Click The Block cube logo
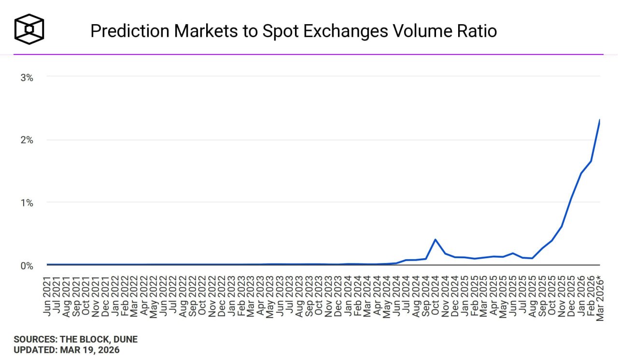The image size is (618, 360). (x=29, y=29)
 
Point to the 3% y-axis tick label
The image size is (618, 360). (x=27, y=77)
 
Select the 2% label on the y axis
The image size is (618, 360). (x=27, y=140)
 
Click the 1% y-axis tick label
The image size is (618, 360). (x=27, y=203)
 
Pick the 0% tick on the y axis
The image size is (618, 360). (x=27, y=266)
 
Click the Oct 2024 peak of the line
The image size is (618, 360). (x=435, y=239)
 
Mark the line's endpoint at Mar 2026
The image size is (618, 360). (x=600, y=120)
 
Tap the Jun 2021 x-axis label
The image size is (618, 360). (x=47, y=295)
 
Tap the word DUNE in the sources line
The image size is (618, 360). (x=125, y=340)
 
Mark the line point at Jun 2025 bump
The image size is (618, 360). (x=513, y=253)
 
